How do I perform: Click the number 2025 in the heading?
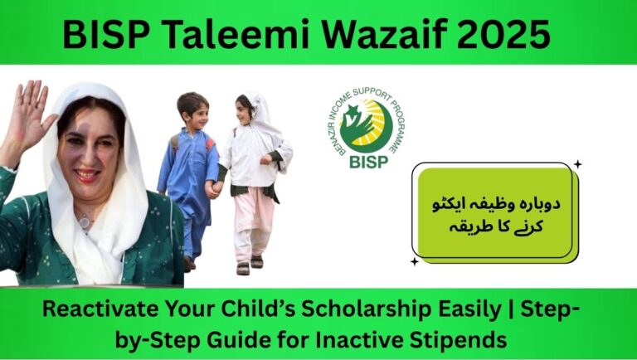tap(508, 35)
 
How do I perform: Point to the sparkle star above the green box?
tap(577, 164)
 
